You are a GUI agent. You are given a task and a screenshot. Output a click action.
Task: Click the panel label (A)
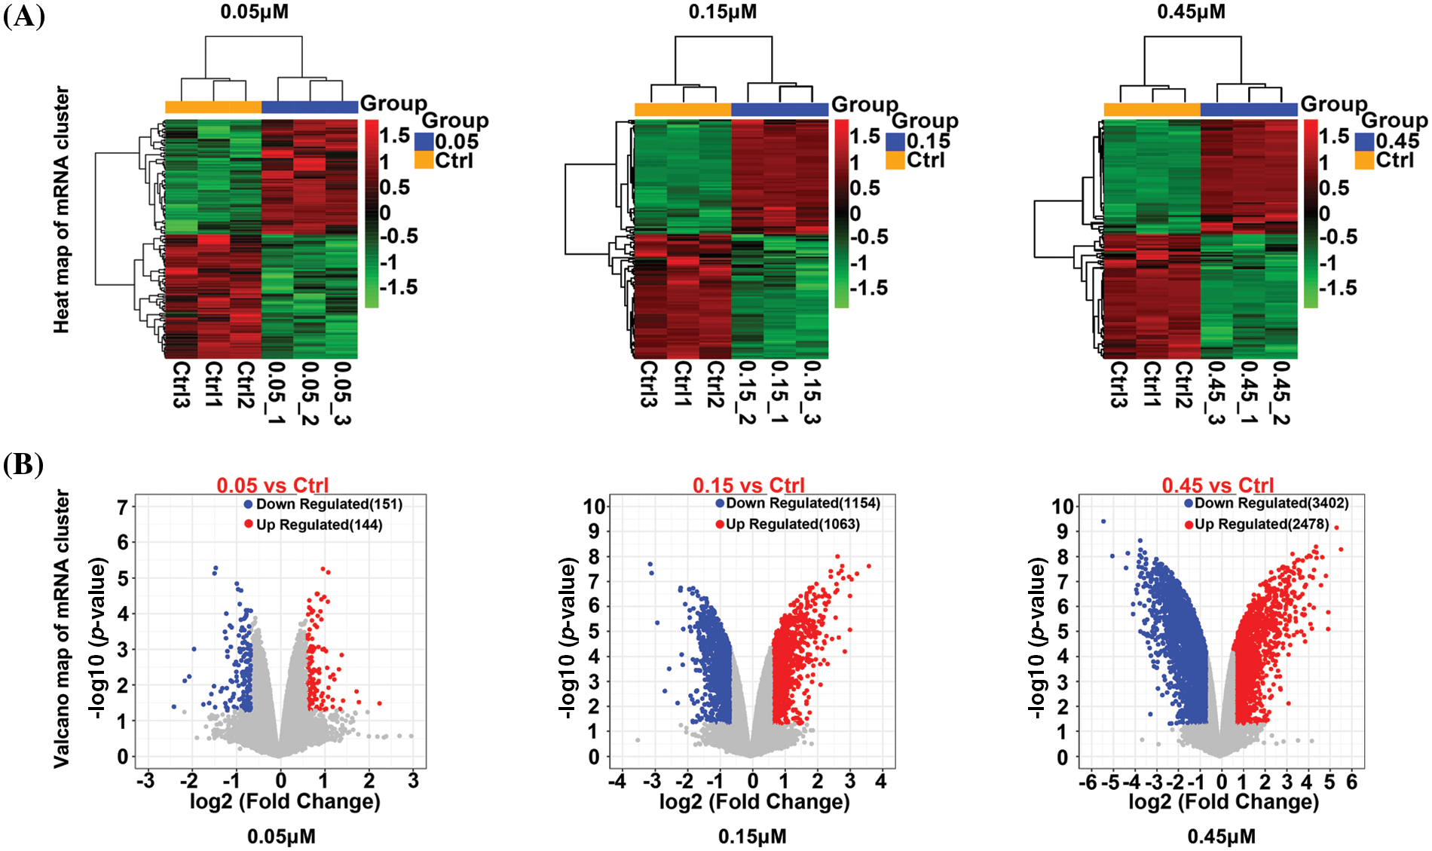click(23, 15)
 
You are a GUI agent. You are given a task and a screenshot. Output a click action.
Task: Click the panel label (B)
click(23, 464)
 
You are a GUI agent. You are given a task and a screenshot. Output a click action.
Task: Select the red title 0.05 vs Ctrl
click(272, 485)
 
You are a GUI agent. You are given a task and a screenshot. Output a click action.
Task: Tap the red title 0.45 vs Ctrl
click(1217, 485)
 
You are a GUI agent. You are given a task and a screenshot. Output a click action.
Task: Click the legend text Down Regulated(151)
click(329, 504)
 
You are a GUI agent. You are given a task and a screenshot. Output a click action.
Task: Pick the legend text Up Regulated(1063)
click(792, 524)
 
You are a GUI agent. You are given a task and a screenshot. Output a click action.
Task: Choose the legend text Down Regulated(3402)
click(1271, 503)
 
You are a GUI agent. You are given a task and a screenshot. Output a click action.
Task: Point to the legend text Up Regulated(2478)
click(1261, 524)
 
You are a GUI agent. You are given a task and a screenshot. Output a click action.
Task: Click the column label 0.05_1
click(276, 392)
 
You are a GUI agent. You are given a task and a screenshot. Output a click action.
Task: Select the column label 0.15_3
click(811, 392)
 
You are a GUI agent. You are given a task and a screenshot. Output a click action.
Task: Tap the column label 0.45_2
click(1281, 392)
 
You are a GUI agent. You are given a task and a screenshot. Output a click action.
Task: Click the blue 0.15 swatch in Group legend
click(895, 142)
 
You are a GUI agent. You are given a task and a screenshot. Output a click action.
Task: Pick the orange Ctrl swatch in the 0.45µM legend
click(1364, 161)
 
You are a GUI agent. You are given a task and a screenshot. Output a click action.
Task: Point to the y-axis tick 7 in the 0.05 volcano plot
click(122, 507)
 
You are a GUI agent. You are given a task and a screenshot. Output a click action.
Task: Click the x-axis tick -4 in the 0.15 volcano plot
click(617, 781)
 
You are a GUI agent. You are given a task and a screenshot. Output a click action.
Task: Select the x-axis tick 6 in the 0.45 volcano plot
click(1351, 782)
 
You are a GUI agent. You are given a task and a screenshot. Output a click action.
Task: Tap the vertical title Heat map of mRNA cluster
click(62, 210)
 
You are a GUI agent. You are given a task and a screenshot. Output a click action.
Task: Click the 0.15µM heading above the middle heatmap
click(722, 12)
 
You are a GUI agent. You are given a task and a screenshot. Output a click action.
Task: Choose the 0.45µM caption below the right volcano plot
click(1221, 837)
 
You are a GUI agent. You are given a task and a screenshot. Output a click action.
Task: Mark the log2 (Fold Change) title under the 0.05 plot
click(284, 801)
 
